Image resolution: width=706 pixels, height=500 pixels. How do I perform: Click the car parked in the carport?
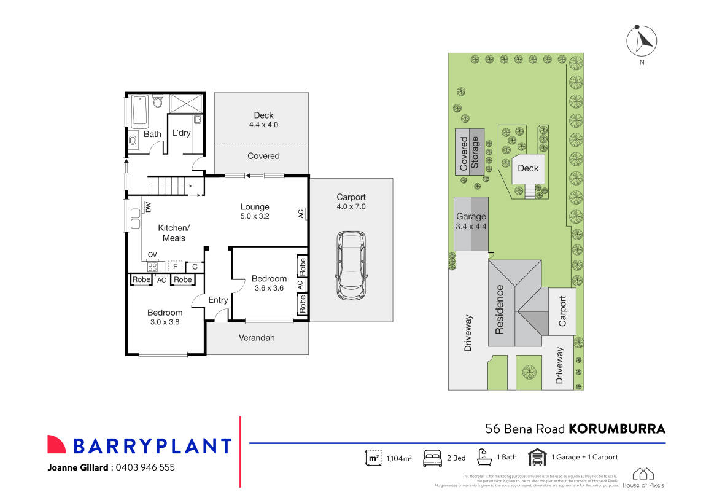coord(351,265)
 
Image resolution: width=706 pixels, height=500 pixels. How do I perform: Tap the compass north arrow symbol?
coord(642,41)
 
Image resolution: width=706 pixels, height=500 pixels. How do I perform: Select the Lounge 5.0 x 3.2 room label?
coord(255,211)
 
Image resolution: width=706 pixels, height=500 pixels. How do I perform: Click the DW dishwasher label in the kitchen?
coord(148,208)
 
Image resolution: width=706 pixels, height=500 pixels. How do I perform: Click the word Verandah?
coord(257,338)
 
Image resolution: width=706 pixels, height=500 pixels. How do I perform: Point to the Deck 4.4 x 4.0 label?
coord(263,119)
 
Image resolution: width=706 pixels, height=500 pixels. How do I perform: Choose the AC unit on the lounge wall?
coord(301,214)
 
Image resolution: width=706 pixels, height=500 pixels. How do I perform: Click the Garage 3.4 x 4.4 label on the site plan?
coord(471,221)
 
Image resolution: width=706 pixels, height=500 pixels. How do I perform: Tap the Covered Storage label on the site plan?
coord(470,152)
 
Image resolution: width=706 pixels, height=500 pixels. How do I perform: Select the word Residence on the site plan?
coord(499,309)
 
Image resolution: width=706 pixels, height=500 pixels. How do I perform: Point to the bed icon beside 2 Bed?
coord(433,458)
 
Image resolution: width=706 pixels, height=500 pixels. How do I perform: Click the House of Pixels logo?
coord(643,477)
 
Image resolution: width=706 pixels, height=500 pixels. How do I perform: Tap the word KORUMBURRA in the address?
coord(617,429)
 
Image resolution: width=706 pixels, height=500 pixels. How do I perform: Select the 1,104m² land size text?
coord(398,458)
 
